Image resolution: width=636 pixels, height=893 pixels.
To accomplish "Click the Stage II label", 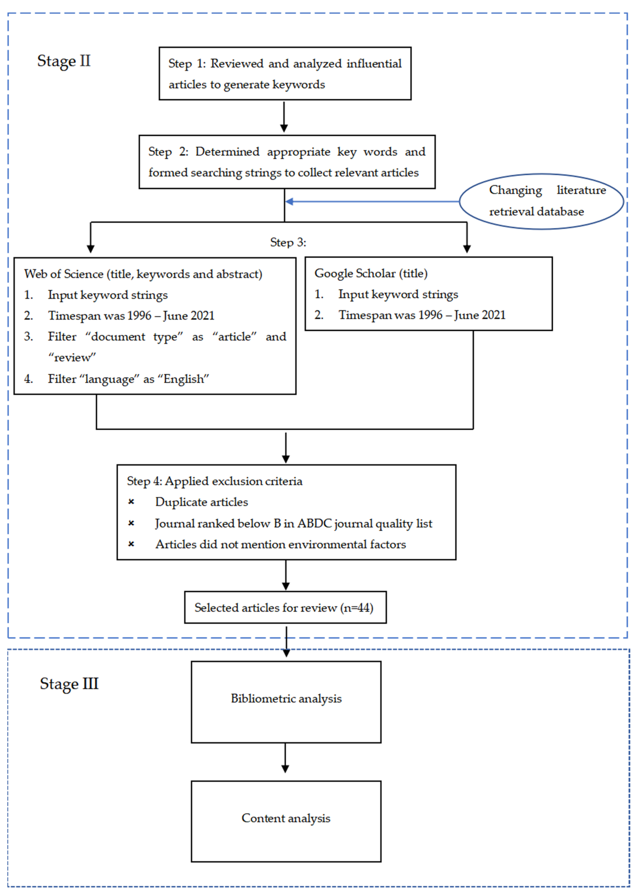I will (x=64, y=61).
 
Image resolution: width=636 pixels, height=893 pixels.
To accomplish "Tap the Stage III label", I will (x=69, y=684).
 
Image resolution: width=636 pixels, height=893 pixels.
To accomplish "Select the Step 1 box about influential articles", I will (x=285, y=74).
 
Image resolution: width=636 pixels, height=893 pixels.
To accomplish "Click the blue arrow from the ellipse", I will (x=372, y=201).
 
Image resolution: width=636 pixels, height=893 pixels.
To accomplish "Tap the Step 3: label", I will (x=288, y=242).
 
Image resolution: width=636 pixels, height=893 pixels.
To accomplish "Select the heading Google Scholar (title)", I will (x=371, y=273).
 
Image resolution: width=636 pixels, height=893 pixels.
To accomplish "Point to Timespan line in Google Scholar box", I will (x=422, y=315).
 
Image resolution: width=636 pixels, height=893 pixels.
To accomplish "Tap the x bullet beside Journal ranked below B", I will (x=131, y=523).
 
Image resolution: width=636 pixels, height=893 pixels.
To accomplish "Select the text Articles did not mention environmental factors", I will (x=280, y=544).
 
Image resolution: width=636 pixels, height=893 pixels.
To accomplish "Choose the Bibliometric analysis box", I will (x=286, y=702).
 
